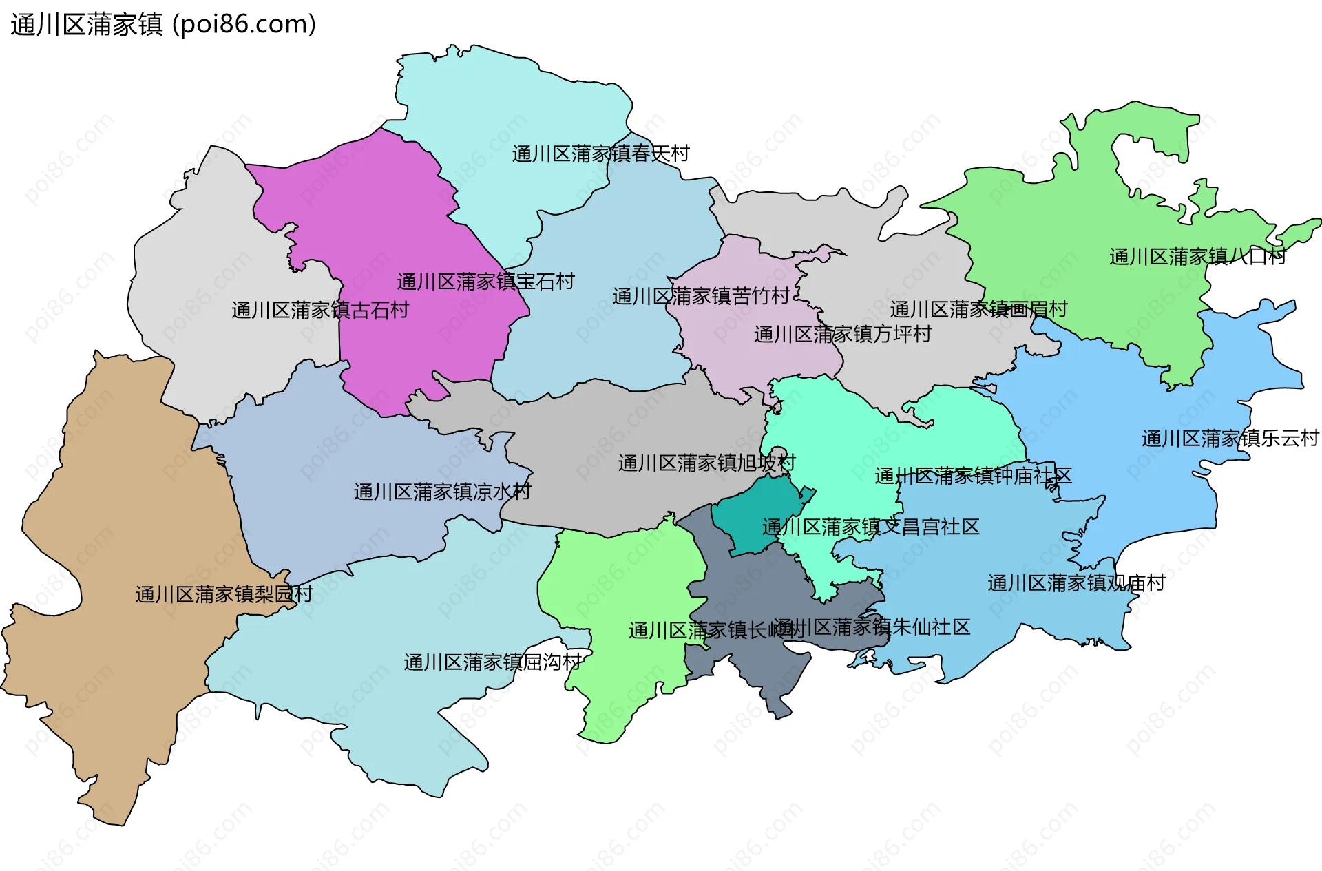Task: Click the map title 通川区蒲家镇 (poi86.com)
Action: (x=163, y=25)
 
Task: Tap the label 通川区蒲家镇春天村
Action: (x=600, y=154)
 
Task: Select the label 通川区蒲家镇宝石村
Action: (x=485, y=282)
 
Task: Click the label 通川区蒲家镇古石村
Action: (x=320, y=311)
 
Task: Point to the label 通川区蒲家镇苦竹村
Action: (x=701, y=297)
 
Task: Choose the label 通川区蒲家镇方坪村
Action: (x=843, y=335)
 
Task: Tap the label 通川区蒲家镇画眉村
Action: (x=978, y=309)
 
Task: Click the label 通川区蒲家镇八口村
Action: (x=1198, y=257)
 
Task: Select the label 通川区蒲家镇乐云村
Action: (x=1230, y=439)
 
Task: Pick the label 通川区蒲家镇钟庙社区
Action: (x=973, y=476)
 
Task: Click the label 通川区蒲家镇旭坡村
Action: (x=706, y=463)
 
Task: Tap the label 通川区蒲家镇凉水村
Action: (x=442, y=492)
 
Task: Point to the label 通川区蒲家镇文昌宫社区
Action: (x=870, y=527)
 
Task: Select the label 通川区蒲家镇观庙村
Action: (x=1076, y=583)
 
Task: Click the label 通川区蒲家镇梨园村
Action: (x=224, y=594)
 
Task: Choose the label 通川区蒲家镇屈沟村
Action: (x=492, y=662)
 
